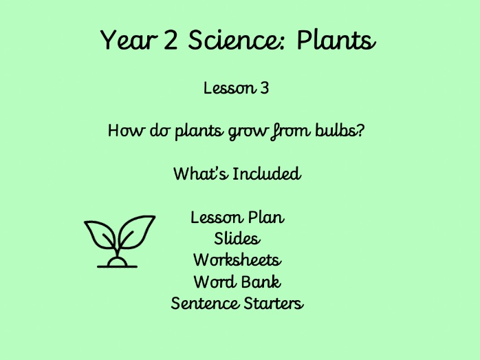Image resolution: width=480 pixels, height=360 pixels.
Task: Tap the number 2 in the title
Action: (173, 41)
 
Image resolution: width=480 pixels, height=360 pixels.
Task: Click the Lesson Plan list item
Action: (237, 218)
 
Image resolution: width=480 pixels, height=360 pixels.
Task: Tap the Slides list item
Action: (237, 239)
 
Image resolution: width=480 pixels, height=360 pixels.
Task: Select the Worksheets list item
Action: (237, 260)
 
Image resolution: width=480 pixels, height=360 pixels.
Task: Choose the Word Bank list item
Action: (237, 282)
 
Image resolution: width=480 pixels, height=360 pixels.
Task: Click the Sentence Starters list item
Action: (237, 303)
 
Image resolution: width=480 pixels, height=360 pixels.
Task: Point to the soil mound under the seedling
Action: (117, 262)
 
